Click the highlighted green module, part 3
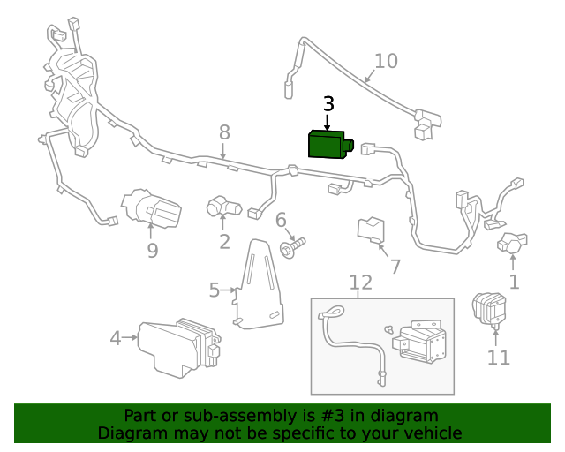(328, 144)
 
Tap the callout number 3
(328, 104)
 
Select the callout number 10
(386, 61)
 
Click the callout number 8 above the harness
(224, 132)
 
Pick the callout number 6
(281, 220)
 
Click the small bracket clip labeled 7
(371, 230)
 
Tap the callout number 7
(395, 266)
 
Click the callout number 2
(224, 242)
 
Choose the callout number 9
(152, 252)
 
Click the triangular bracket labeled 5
(260, 287)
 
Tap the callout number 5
(214, 290)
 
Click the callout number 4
(115, 337)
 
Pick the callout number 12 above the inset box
(360, 282)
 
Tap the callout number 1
(514, 282)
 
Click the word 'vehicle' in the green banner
(430, 433)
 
